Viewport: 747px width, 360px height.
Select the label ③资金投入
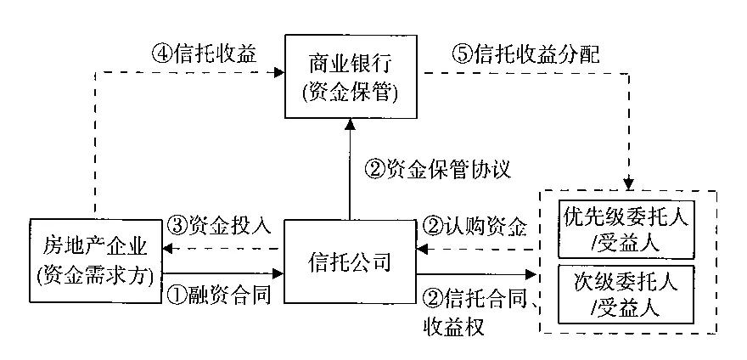218,225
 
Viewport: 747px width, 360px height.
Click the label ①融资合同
218,295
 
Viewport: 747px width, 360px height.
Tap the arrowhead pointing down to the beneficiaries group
628,183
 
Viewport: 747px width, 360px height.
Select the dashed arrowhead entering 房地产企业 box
169,249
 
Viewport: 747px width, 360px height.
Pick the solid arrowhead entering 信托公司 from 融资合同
278,273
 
